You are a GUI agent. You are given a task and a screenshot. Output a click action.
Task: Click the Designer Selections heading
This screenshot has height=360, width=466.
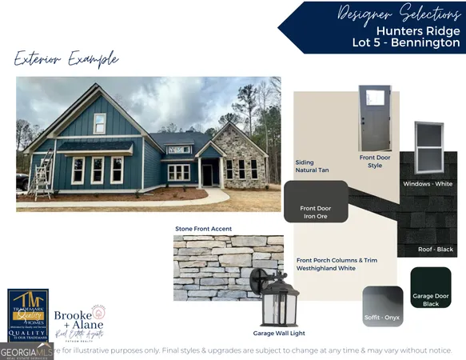[400, 13]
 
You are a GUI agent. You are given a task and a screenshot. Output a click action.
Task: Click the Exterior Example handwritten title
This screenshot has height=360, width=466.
[66, 59]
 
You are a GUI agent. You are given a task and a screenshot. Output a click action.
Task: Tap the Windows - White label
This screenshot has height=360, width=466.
[428, 184]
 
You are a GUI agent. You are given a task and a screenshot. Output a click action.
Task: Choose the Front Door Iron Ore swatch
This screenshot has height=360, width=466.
[316, 202]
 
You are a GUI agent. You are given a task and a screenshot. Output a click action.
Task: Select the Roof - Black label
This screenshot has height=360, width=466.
[436, 250]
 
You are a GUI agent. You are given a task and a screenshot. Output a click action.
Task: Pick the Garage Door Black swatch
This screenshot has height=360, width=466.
[431, 288]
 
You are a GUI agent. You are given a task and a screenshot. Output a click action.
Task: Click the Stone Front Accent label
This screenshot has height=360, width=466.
[204, 229]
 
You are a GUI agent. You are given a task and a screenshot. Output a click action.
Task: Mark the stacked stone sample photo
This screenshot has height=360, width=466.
[217, 267]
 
